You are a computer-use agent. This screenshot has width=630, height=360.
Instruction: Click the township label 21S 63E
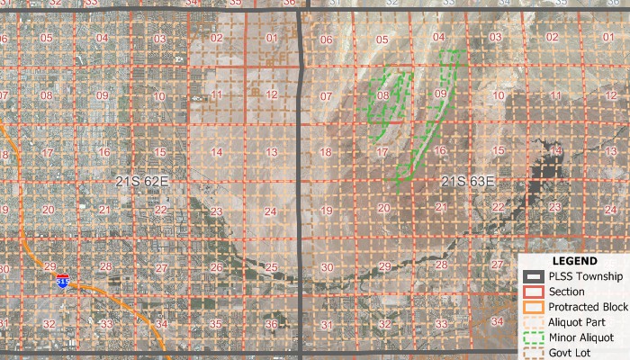coord(468,182)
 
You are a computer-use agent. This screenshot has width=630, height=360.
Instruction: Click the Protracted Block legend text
coord(588,306)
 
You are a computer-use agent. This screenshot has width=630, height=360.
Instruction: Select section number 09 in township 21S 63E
coord(440,94)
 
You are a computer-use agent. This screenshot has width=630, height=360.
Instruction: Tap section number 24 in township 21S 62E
coord(271,211)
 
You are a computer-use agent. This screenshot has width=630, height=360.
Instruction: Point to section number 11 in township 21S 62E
coord(216,94)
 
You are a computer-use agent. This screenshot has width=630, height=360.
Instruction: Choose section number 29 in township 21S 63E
coord(384,266)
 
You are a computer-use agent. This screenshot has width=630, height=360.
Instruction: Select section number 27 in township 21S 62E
coord(159,267)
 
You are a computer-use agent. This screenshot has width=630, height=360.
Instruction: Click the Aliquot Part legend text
coord(581,321)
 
